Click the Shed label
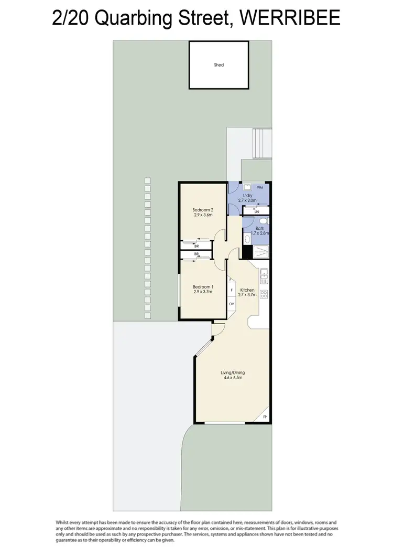pos(219,65)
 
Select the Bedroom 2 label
pos(203,209)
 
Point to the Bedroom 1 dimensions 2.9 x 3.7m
pos(203,292)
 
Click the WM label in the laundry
pos(260,187)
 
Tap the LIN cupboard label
pos(257,211)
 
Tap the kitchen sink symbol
pos(264,273)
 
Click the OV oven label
pos(231,304)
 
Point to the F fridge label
pos(231,290)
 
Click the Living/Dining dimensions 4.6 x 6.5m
pos(232,378)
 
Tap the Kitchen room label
pos(247,290)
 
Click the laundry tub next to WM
pos(245,187)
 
